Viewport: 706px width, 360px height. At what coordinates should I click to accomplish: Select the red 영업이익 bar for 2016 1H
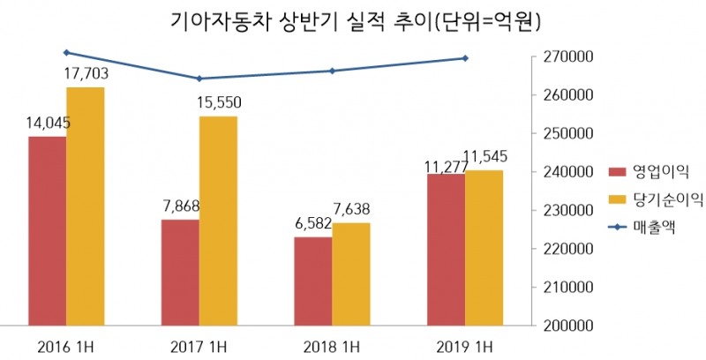click(x=47, y=231)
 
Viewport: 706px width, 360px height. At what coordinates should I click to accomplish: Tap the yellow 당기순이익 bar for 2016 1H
click(x=86, y=206)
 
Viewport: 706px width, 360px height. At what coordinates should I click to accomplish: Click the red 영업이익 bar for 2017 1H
click(x=180, y=273)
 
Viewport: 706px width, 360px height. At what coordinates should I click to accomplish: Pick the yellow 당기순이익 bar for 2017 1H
click(x=218, y=221)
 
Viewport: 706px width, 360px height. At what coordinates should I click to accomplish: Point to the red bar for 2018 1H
click(x=313, y=281)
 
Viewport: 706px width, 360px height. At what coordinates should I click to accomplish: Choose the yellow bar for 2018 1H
click(x=351, y=274)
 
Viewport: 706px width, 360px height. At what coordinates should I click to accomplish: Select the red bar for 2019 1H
click(x=447, y=250)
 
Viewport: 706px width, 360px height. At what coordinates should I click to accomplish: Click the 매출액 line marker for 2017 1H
click(x=199, y=79)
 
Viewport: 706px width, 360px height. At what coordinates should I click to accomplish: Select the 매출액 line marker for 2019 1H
click(x=465, y=58)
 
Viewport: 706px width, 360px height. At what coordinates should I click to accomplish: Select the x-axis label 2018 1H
click(x=332, y=343)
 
